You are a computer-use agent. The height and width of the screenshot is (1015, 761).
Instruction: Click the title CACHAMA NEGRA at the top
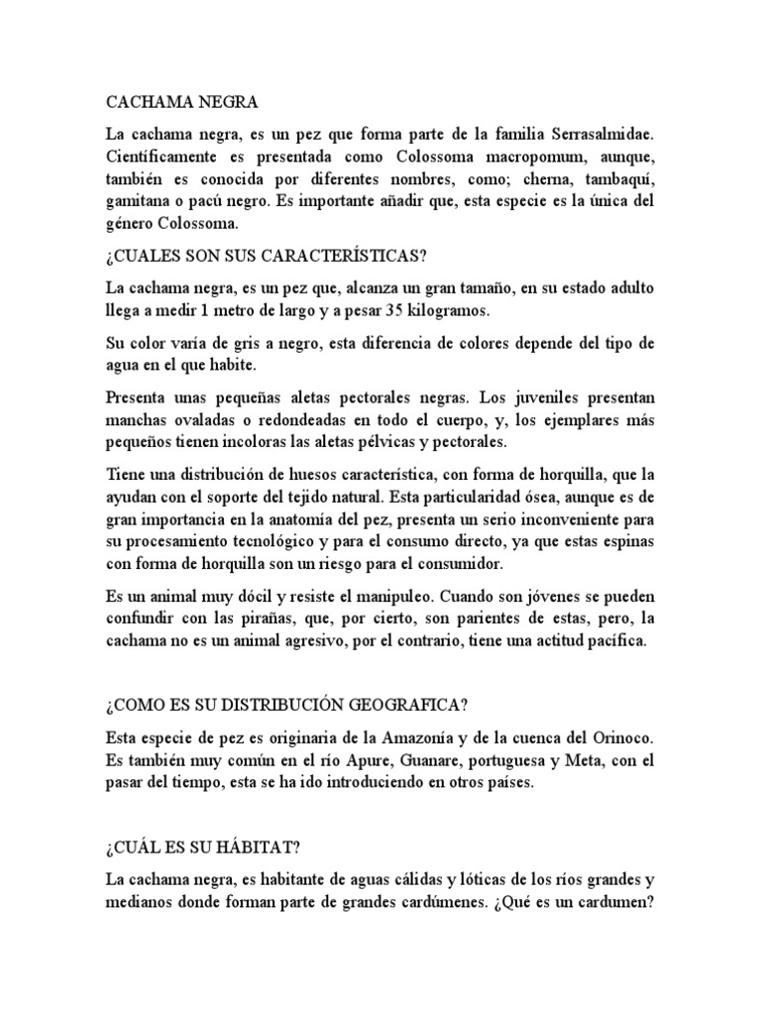180,101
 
